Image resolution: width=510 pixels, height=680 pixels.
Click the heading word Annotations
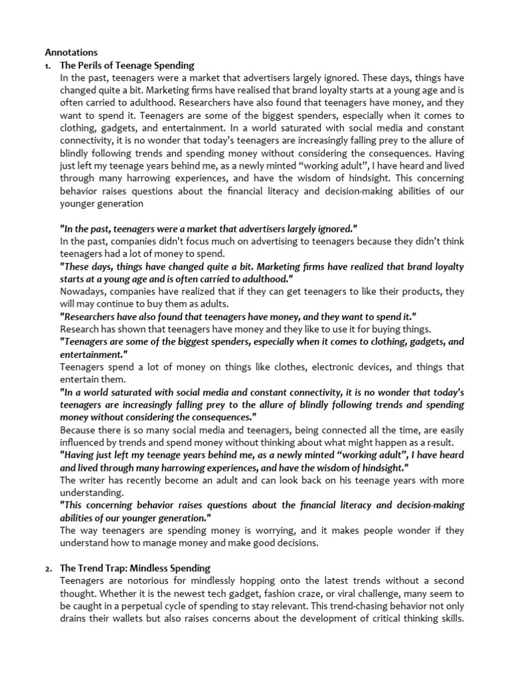click(x=71, y=52)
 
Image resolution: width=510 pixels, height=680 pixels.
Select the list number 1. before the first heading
click(x=48, y=65)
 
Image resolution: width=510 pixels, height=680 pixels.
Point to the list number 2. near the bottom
click(x=48, y=568)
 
